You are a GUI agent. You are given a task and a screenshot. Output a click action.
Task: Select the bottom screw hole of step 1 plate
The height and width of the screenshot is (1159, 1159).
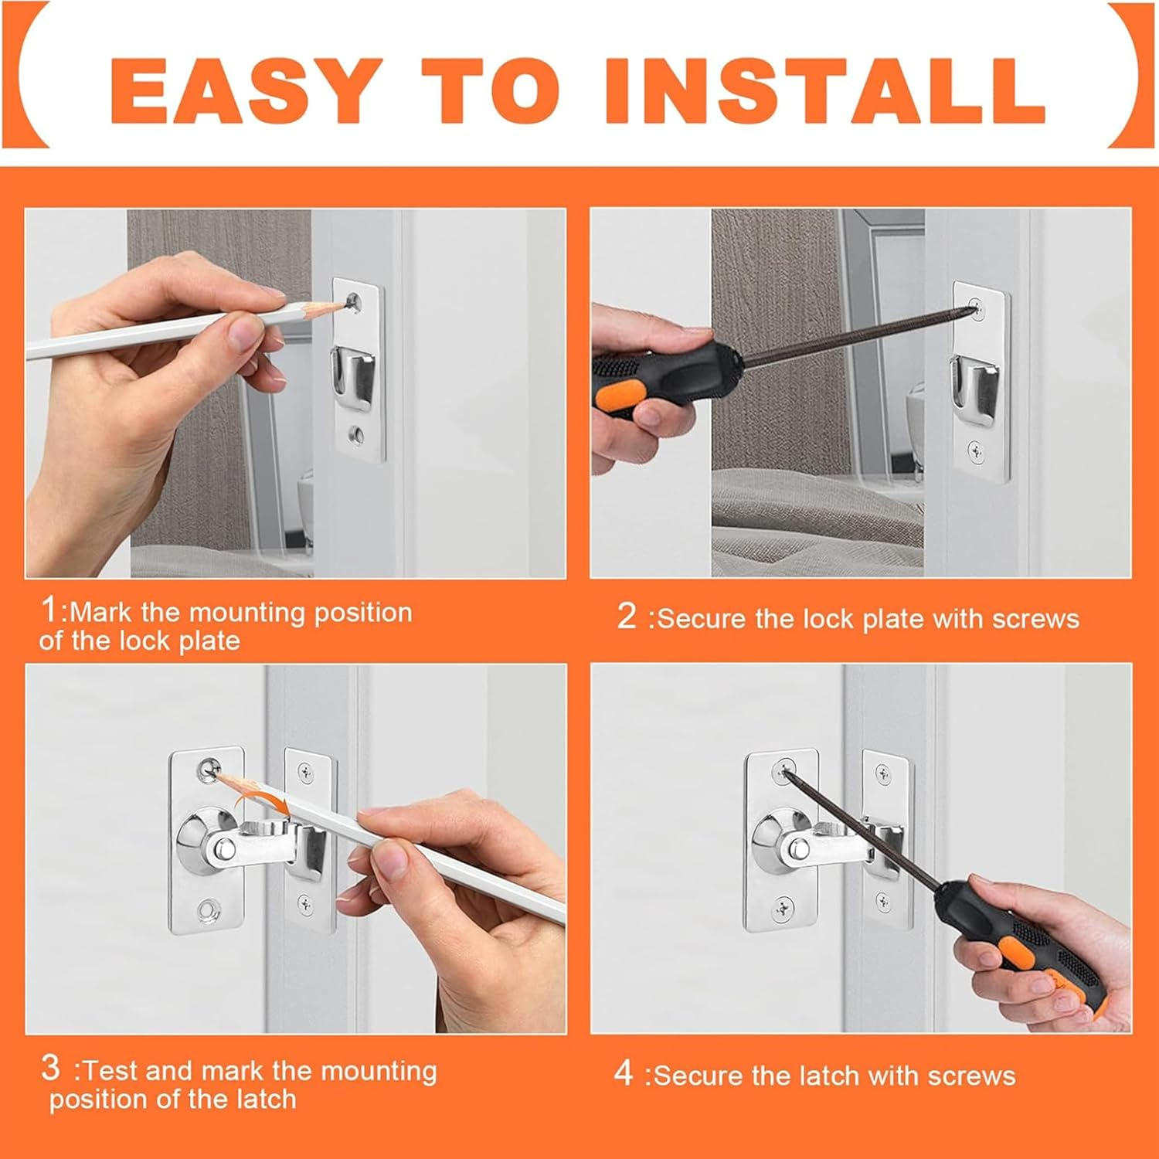pyautogui.click(x=357, y=434)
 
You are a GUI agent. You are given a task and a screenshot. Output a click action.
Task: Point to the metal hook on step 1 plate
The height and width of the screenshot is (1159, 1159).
pyautogui.click(x=354, y=377)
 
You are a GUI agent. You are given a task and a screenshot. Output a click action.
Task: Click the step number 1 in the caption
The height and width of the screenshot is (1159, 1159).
pyautogui.click(x=49, y=610)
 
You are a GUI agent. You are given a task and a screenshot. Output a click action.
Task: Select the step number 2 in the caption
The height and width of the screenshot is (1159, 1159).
pyautogui.click(x=627, y=616)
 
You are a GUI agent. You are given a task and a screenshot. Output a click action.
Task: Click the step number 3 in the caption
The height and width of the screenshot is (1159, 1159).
pyautogui.click(x=50, y=1068)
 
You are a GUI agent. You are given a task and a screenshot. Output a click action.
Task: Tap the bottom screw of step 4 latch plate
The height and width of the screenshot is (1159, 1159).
pyautogui.click(x=784, y=905)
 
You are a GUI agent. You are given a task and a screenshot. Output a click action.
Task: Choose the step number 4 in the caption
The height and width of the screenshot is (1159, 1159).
pyautogui.click(x=624, y=1072)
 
